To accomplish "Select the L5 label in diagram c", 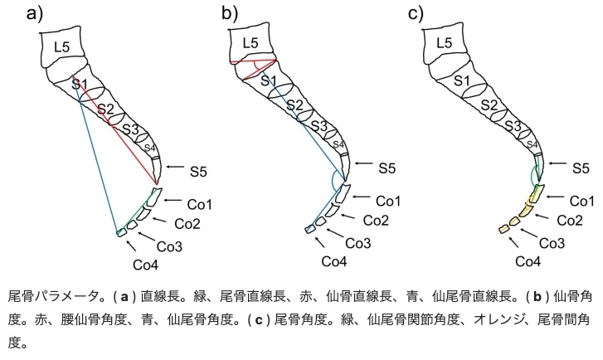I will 444,43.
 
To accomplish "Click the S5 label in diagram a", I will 197,171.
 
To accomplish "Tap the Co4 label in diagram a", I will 146,264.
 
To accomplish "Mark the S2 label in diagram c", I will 489,105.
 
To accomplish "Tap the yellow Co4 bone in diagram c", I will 503,228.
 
